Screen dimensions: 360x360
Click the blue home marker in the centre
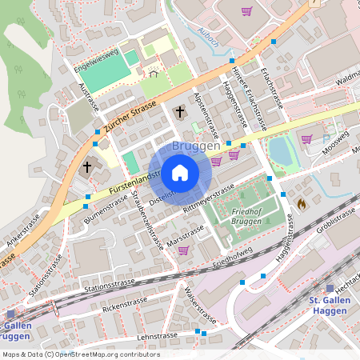coord(180,172)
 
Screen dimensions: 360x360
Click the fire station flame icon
coord(301,204)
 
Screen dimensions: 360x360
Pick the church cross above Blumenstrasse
coord(87,167)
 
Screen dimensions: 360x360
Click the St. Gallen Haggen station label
coord(329,305)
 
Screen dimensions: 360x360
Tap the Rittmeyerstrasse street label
coord(209,196)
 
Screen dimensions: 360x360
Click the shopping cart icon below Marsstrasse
coord(183,250)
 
